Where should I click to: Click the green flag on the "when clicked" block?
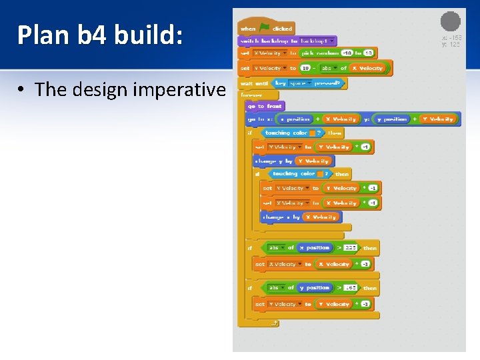[x=265, y=28]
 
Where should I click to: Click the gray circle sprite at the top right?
[x=451, y=21]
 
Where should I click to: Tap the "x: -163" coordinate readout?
[x=451, y=38]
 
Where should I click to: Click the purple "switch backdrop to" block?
[x=287, y=41]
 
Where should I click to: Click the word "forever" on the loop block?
[x=252, y=95]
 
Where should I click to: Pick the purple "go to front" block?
[x=265, y=106]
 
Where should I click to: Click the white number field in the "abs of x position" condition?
[x=351, y=247]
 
